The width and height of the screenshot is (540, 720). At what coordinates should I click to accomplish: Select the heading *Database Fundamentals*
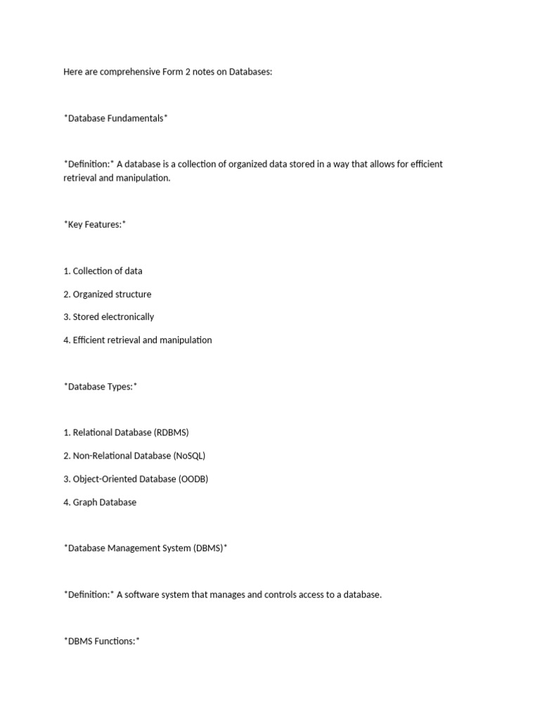[116, 118]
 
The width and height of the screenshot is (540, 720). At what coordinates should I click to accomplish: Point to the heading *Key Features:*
[95, 224]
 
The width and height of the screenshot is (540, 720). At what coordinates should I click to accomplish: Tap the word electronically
[127, 316]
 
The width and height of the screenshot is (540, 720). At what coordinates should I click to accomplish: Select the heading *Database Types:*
[101, 386]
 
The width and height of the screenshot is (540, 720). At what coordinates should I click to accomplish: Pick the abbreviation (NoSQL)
[189, 456]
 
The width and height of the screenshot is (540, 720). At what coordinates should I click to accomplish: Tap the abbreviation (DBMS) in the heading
[207, 548]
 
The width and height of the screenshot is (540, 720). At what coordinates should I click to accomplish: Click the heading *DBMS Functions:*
[102, 641]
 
